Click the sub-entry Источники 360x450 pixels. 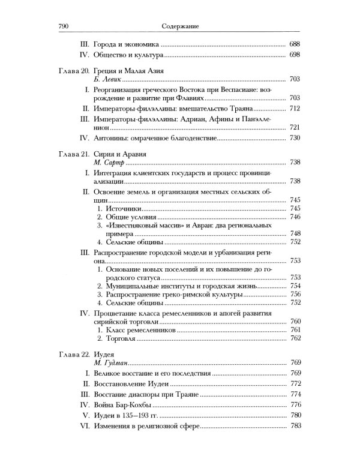coord(124,208)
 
